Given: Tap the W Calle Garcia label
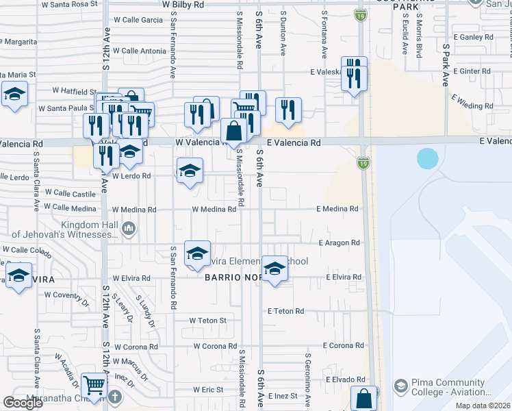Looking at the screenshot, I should tap(138, 20).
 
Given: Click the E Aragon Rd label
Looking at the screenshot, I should tap(339, 242).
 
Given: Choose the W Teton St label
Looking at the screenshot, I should tap(207, 320).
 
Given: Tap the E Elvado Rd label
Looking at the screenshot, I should tap(346, 379).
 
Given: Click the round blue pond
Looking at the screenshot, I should tap(428, 159).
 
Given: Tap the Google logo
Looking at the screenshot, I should tap(23, 403).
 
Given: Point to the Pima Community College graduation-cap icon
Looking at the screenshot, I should tap(400, 386).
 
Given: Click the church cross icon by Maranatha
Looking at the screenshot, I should tap(115, 397).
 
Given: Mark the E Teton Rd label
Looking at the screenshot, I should tap(285, 311).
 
